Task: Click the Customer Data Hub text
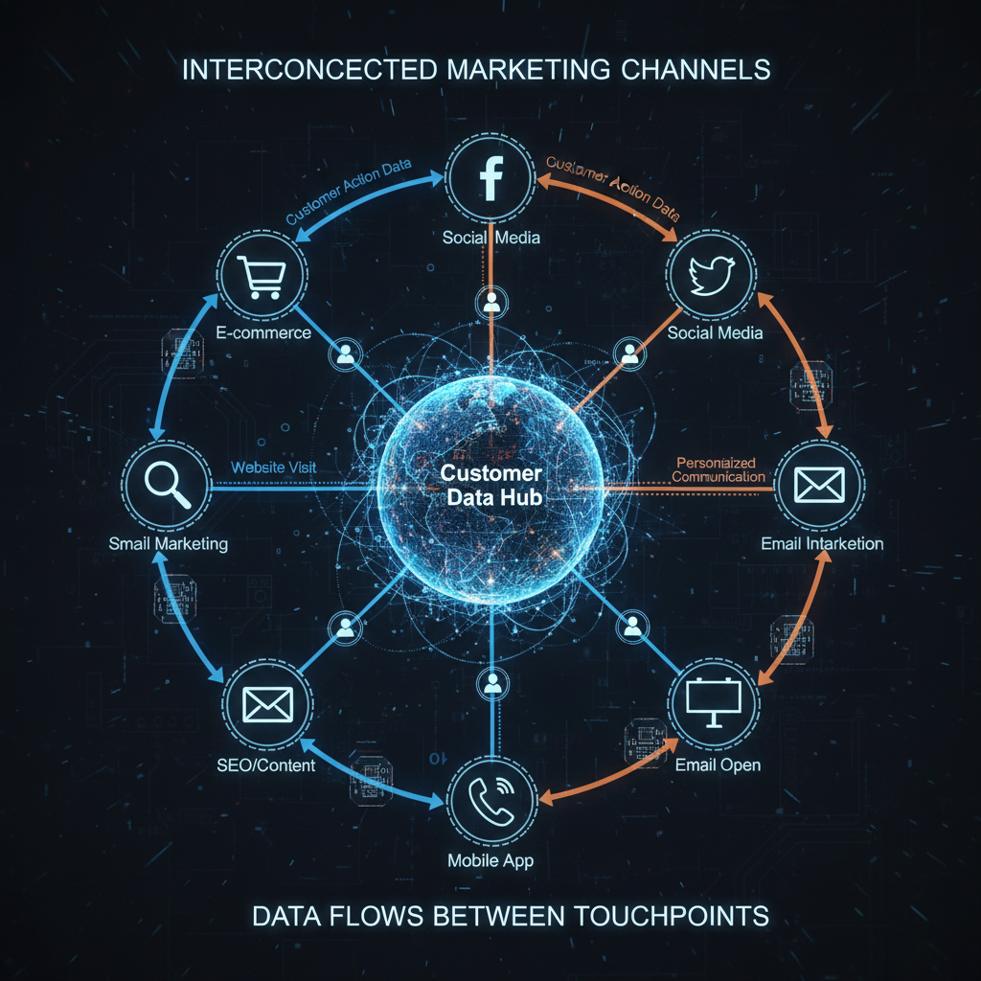click(490, 486)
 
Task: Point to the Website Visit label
click(274, 468)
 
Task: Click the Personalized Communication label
click(719, 469)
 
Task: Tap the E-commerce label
click(263, 333)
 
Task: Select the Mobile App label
click(490, 860)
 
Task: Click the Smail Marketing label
click(169, 544)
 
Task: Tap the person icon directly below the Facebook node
click(492, 303)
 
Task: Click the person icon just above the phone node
click(492, 683)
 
